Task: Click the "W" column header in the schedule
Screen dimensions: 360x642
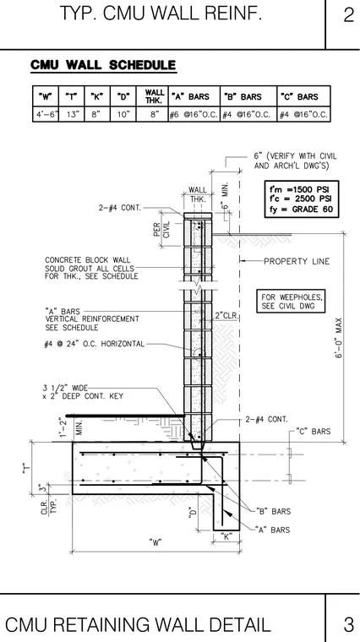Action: [45, 97]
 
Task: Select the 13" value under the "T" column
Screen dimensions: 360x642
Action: [71, 115]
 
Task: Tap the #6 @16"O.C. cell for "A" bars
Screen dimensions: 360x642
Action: [194, 115]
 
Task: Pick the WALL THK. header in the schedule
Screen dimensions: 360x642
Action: [155, 96]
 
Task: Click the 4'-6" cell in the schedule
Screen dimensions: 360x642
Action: [46, 115]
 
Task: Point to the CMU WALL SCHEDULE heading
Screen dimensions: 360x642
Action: [103, 65]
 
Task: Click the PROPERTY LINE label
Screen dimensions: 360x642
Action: [297, 261]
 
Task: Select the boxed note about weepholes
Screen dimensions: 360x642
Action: [291, 302]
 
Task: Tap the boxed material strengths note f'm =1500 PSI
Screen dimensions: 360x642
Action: [302, 199]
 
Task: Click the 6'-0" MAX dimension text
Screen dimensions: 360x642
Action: [339, 338]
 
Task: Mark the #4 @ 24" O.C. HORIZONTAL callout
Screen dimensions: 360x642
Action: [94, 344]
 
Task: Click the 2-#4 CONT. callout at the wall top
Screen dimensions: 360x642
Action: [120, 208]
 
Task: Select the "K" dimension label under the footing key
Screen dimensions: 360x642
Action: [226, 536]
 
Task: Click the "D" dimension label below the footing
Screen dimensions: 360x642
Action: [193, 512]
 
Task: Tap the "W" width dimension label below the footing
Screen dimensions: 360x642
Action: [155, 543]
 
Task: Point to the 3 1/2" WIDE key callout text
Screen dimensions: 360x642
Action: [83, 392]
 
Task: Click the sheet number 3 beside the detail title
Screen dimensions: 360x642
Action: [348, 624]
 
